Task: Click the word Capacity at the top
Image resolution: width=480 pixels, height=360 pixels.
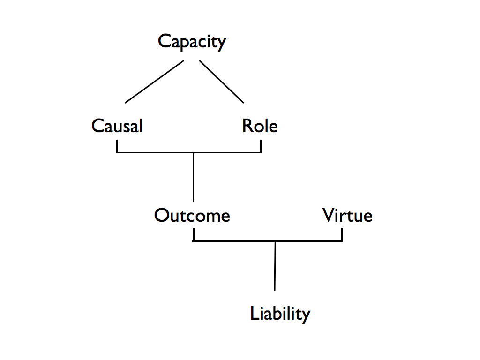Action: (192, 42)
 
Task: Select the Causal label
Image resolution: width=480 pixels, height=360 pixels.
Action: (117, 126)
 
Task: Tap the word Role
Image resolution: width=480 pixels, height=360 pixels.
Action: (260, 126)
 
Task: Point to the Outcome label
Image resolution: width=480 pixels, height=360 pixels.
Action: (192, 216)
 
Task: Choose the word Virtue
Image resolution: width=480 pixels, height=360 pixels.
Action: (347, 216)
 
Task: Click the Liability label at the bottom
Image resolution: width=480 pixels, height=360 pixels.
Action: (280, 314)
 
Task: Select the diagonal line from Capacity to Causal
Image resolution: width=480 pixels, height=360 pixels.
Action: (154, 82)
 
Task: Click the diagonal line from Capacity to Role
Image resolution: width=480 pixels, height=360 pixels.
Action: (222, 82)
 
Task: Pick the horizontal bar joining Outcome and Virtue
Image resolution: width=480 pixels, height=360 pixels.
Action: (234, 241)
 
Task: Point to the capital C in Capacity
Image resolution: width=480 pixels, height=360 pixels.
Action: (164, 41)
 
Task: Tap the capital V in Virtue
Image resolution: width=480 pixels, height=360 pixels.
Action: (329, 216)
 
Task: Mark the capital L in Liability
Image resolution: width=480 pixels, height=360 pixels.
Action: (255, 313)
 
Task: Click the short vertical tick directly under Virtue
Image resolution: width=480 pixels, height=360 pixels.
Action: (342, 235)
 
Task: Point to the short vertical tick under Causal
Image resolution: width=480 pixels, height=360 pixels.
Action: (117, 147)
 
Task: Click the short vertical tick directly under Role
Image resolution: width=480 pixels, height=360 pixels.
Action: (261, 147)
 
